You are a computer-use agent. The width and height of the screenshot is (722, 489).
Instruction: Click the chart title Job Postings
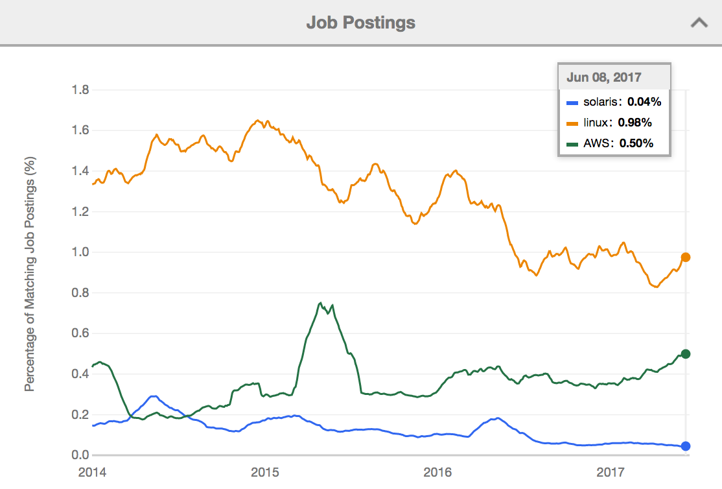pyautogui.click(x=360, y=23)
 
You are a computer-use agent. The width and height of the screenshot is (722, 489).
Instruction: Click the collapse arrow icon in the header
pyautogui.click(x=699, y=23)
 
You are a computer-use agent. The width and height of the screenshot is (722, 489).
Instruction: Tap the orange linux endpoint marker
pyautogui.click(x=686, y=257)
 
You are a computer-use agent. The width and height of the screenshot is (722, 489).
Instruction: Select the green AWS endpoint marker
pyautogui.click(x=686, y=354)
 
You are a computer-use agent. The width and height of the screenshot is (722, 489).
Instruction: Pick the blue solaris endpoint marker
pyautogui.click(x=686, y=446)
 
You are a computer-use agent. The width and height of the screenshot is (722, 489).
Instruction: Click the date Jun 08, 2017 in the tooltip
pyautogui.click(x=604, y=77)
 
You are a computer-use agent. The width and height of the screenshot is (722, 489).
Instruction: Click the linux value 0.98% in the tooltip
pyautogui.click(x=635, y=122)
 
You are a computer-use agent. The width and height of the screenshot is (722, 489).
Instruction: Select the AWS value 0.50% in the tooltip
pyautogui.click(x=636, y=143)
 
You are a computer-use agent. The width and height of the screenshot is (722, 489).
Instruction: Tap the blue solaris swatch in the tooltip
pyautogui.click(x=572, y=102)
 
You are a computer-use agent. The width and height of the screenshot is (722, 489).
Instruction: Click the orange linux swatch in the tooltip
pyautogui.click(x=572, y=123)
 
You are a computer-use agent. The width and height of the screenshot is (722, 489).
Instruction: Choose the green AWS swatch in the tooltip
pyautogui.click(x=572, y=144)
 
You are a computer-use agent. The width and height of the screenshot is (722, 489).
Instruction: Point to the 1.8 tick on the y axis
pyautogui.click(x=80, y=89)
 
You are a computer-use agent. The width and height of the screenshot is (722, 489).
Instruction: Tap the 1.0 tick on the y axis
pyautogui.click(x=80, y=252)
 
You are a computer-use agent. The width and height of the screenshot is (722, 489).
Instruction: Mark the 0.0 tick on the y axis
pyautogui.click(x=80, y=455)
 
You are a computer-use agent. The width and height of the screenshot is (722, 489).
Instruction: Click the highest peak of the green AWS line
pyautogui.click(x=320, y=303)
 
